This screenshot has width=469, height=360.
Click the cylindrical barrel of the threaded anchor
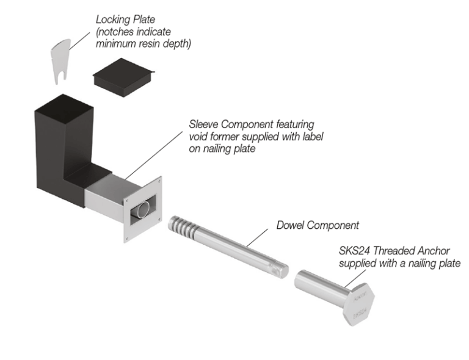pyautogui.click(x=318, y=287)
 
